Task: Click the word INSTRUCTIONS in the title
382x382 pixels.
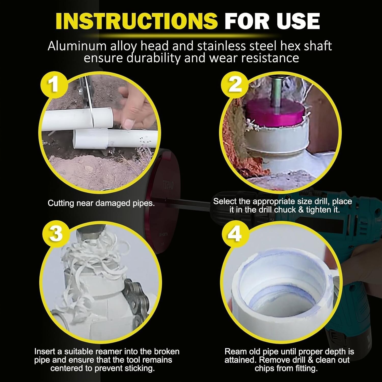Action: (x=137, y=21)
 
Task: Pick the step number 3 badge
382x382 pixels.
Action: (x=56, y=234)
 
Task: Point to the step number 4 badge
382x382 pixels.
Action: (x=235, y=234)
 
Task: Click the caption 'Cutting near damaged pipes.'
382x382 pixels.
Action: (x=101, y=203)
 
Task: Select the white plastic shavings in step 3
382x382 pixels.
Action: (x=97, y=260)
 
